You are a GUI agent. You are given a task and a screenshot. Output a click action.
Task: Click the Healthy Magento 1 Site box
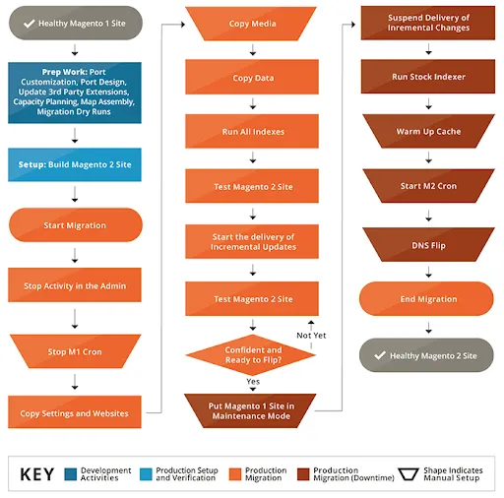click(x=75, y=22)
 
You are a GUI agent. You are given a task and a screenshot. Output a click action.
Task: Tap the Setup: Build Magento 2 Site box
click(x=75, y=164)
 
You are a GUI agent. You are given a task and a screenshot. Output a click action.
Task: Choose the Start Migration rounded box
click(x=75, y=225)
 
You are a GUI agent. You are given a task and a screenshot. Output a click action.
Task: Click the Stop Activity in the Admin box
click(x=75, y=286)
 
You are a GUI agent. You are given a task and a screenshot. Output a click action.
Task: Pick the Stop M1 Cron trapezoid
click(x=75, y=350)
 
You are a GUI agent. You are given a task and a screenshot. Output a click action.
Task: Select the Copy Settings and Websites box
click(x=75, y=413)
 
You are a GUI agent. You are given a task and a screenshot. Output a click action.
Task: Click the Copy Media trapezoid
click(x=253, y=23)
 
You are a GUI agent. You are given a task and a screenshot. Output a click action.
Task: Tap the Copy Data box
click(x=253, y=78)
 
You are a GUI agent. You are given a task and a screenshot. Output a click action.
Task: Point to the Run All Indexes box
click(x=253, y=131)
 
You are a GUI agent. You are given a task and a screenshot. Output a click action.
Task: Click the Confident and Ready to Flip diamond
click(x=253, y=354)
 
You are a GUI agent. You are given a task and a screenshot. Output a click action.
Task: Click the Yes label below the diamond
click(x=253, y=382)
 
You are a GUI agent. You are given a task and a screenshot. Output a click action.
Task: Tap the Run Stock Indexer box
click(x=428, y=76)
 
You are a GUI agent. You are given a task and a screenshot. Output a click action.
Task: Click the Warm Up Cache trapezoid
click(x=428, y=131)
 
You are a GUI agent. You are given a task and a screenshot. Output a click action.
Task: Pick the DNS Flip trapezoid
click(x=428, y=245)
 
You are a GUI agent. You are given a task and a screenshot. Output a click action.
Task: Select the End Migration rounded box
click(x=428, y=299)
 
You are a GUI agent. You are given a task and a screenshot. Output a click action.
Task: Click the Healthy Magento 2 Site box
click(x=428, y=355)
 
